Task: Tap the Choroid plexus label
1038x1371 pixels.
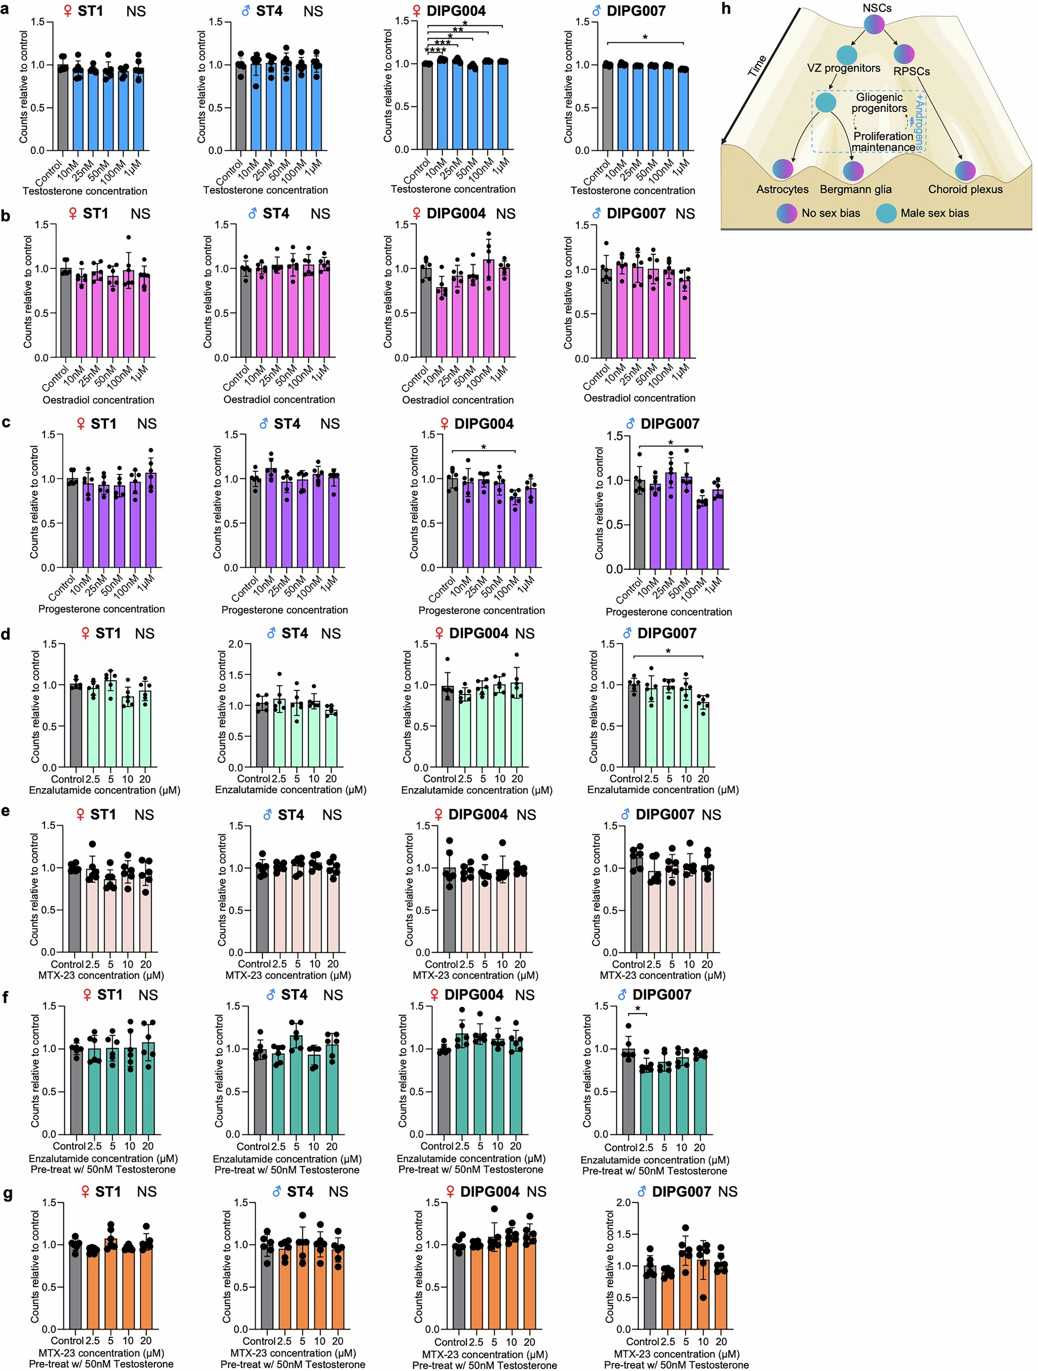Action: (x=965, y=189)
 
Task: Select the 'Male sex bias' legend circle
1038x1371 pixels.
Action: (x=886, y=213)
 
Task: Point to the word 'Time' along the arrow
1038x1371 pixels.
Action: (x=756, y=66)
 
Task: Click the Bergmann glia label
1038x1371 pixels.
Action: (x=855, y=189)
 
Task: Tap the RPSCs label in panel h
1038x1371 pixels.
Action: (x=911, y=71)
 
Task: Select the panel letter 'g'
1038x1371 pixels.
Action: (x=7, y=1194)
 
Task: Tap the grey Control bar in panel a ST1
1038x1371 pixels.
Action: (x=63, y=107)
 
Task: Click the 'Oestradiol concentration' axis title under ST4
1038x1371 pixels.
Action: (x=279, y=400)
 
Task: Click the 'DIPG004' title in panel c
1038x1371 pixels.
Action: (x=483, y=424)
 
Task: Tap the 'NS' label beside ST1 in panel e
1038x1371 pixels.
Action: (x=144, y=815)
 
